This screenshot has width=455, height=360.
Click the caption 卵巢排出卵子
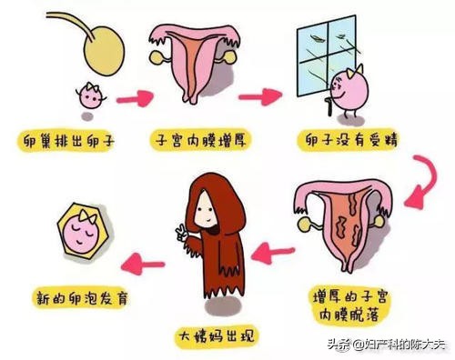click(64, 142)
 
